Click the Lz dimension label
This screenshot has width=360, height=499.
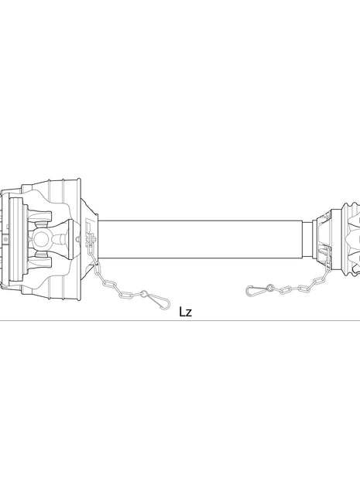184,312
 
